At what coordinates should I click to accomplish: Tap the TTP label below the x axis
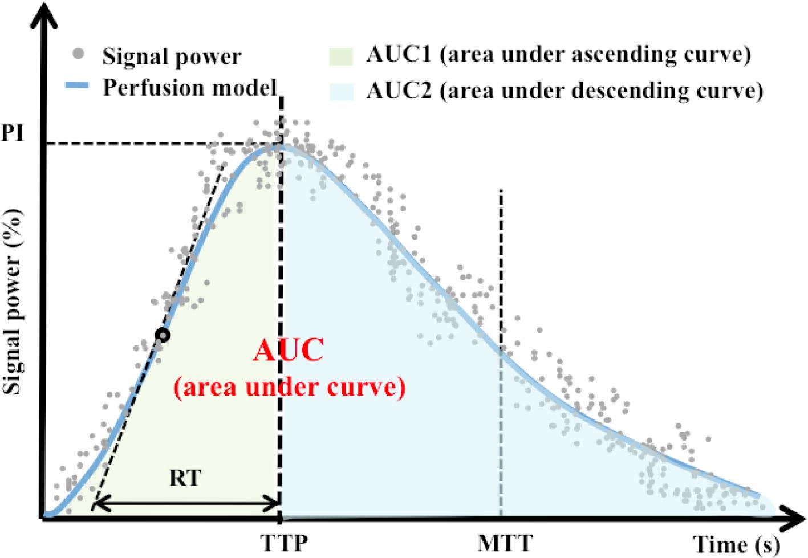[283, 542]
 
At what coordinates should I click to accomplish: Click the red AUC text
[288, 351]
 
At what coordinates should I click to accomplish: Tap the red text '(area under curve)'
[290, 388]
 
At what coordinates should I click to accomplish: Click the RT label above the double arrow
[185, 478]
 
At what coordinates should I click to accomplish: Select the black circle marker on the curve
[163, 335]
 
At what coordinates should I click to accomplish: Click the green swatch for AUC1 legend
[341, 55]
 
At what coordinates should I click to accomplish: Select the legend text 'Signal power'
[171, 56]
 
